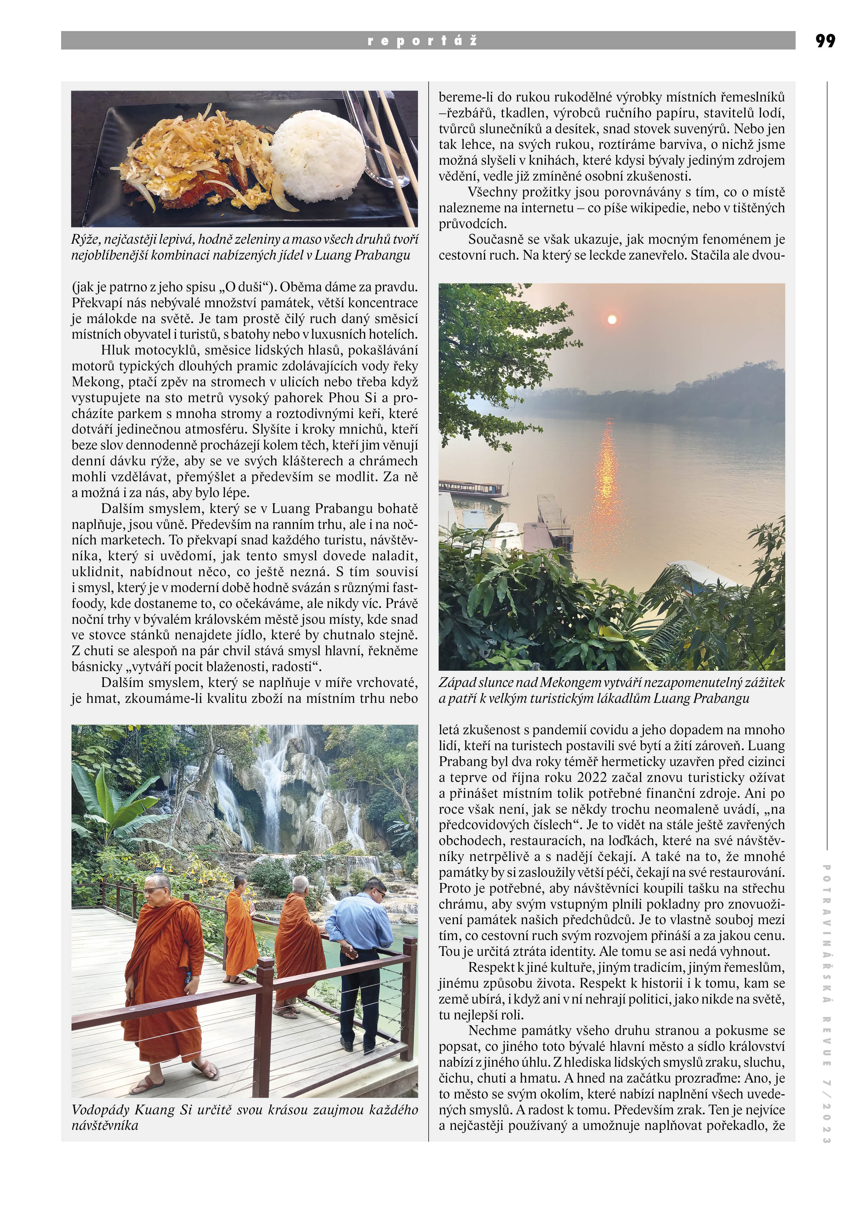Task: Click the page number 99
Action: pos(825,41)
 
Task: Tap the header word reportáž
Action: pos(422,41)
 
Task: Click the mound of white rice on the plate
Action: pos(318,158)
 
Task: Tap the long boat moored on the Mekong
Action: pos(472,488)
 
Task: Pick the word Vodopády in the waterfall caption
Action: pos(100,1110)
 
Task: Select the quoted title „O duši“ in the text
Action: pos(245,288)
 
